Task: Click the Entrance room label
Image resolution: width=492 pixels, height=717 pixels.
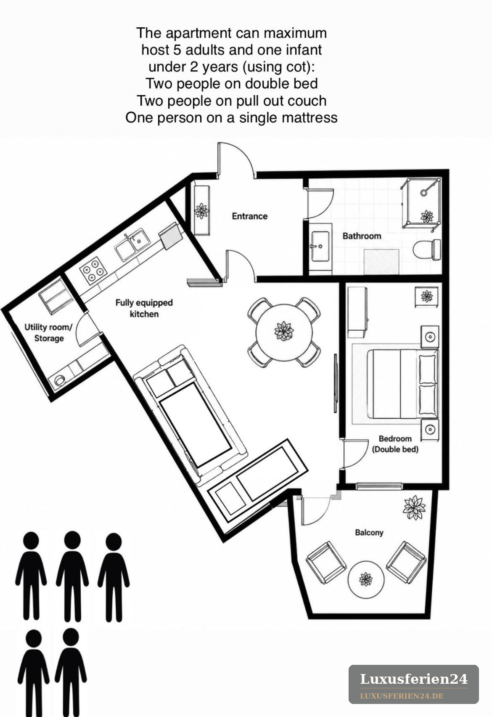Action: (249, 216)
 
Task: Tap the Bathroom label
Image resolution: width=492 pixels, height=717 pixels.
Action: (362, 236)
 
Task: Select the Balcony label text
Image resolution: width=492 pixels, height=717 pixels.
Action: (369, 533)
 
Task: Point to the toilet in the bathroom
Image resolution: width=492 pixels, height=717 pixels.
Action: (427, 250)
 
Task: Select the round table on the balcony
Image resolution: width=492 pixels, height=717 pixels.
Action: (366, 579)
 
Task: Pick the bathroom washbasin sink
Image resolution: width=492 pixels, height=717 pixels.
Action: (320, 247)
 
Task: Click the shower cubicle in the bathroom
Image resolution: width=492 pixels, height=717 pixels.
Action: (421, 203)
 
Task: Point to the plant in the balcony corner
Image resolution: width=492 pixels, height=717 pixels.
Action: (414, 507)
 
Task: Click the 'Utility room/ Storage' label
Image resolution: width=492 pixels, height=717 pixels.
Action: (49, 332)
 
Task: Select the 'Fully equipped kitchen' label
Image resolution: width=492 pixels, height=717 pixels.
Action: (144, 308)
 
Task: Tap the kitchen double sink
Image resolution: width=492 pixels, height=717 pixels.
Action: (132, 244)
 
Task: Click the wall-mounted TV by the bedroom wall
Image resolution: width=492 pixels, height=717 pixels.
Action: (335, 383)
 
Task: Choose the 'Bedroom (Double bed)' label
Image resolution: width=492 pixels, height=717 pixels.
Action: (395, 444)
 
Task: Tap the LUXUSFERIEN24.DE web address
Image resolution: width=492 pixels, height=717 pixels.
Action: (402, 696)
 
